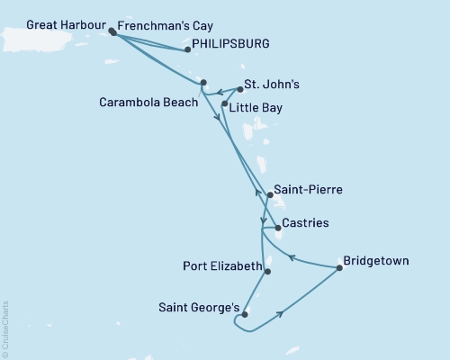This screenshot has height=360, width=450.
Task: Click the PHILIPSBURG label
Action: point(229,42)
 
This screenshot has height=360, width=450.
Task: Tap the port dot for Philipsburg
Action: point(187,50)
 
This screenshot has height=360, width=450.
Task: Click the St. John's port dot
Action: point(240,90)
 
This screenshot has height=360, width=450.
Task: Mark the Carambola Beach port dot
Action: point(203,83)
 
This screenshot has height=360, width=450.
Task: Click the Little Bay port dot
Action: point(224,104)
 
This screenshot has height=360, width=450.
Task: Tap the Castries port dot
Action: point(278,228)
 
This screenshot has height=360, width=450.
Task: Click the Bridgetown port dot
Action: point(339,267)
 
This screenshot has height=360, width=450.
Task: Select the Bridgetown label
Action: point(377,261)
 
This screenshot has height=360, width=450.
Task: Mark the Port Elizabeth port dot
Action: point(267,268)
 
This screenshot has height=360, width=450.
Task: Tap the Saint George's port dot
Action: point(244,315)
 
